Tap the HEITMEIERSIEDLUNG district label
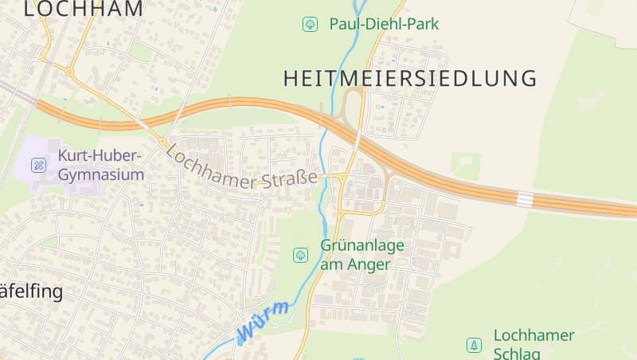[x=410, y=78]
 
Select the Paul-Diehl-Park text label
[x=384, y=24]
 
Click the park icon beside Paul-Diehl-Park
[x=309, y=25]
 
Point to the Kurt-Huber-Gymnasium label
[x=100, y=164]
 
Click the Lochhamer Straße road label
[x=242, y=167]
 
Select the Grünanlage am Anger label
[x=362, y=255]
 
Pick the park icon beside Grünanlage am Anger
[x=300, y=255]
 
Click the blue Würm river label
[x=263, y=318]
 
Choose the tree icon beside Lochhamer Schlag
[x=474, y=345]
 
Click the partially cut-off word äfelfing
[x=31, y=292]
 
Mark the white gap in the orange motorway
[x=525, y=198]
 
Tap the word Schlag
[x=517, y=354]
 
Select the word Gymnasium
[x=101, y=174]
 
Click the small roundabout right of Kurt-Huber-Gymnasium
[x=162, y=142]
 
